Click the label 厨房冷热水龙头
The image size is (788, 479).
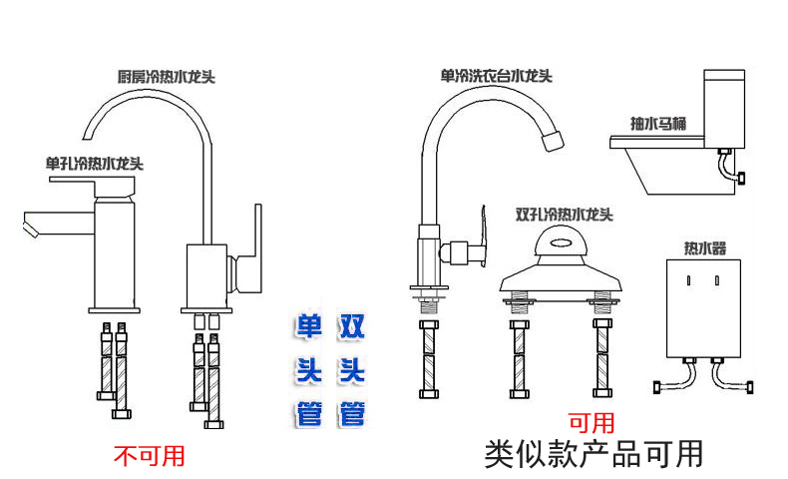click(167, 76)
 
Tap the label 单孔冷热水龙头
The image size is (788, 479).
click(95, 163)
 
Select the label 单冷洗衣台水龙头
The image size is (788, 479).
click(496, 75)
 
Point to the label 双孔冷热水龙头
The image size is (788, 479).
click(564, 214)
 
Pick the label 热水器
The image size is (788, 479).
click(704, 246)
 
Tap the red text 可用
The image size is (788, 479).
click(591, 423)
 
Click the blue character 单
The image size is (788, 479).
click(309, 326)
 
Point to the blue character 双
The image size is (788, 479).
click(352, 326)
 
